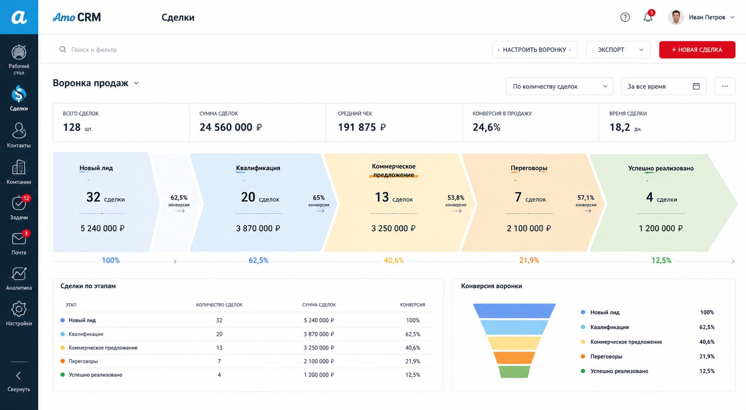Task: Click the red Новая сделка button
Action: [697, 50]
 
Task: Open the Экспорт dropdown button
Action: [618, 50]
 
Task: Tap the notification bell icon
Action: [648, 17]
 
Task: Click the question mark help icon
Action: [625, 17]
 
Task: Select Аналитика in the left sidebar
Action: [19, 278]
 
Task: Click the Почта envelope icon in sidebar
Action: [19, 239]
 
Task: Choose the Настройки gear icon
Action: [19, 309]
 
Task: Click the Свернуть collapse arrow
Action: [19, 376]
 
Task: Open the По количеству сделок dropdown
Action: [560, 87]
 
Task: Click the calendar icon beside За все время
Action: [696, 87]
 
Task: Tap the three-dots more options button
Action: [725, 87]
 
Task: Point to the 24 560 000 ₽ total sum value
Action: [230, 127]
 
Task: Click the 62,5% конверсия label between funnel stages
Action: [179, 201]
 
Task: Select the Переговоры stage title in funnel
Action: [529, 168]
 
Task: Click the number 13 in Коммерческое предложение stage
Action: [382, 197]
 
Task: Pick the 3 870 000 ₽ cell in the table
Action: [319, 334]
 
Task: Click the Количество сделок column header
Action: [219, 305]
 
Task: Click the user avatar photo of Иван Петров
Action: [676, 17]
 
